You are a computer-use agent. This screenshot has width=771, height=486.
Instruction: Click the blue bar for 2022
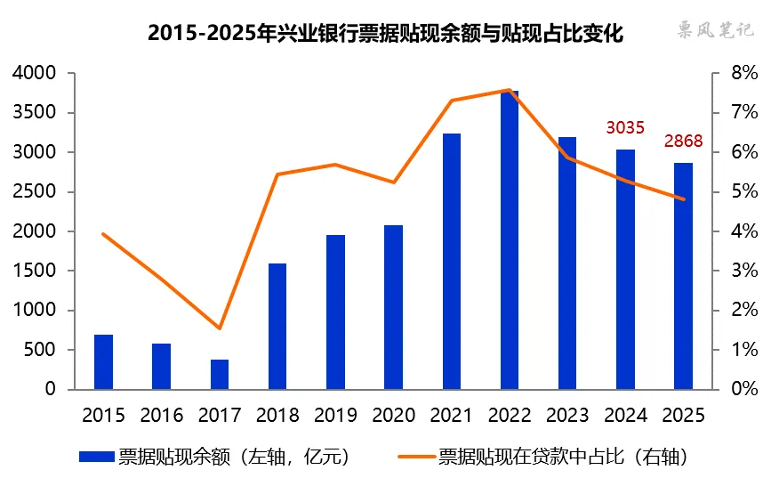coord(510,240)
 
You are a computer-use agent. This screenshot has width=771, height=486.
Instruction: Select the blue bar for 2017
coord(220,375)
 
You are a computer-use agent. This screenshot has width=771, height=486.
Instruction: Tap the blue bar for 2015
coord(104,362)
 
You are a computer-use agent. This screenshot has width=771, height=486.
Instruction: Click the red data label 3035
coord(625,128)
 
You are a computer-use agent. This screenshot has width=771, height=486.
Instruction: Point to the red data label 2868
coord(683,142)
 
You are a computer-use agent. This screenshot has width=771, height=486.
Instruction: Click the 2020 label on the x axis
coord(393,415)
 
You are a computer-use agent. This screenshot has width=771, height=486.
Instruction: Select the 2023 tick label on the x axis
coord(567,415)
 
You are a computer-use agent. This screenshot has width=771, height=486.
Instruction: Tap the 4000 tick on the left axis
coord(33,73)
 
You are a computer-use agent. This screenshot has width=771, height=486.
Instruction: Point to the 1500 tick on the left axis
coord(33,271)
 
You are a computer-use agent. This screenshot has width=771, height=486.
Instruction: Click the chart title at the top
coord(385,34)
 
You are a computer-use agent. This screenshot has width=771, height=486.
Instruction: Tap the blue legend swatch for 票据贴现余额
coord(97,458)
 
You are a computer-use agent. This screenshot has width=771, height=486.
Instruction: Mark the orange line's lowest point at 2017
coord(220,328)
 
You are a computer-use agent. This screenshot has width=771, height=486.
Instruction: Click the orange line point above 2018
coord(277,174)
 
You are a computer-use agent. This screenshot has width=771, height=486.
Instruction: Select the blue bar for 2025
coord(683,276)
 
